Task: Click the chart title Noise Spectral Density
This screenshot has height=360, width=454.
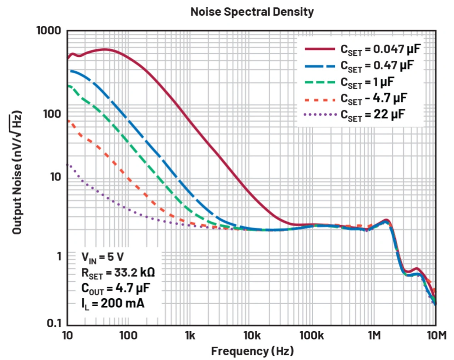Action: pos(252,12)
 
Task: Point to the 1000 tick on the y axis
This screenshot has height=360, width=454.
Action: pos(49,31)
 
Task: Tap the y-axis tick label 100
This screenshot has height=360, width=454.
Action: pos(52,114)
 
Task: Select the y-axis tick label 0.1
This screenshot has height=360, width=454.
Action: pos(54,323)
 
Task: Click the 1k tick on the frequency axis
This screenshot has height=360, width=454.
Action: pos(190,335)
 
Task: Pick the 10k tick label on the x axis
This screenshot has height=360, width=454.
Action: pos(251,335)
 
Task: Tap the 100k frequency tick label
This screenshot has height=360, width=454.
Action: pos(311,335)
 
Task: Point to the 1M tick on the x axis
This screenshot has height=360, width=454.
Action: pos(374,335)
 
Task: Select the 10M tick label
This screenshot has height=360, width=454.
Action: pos(436,335)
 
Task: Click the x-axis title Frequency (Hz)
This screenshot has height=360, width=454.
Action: pos(252,351)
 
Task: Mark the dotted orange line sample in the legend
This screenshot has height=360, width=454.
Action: pos(320,100)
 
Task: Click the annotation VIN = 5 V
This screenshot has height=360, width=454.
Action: pos(103,257)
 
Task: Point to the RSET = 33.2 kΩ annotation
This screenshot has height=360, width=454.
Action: pos(118,273)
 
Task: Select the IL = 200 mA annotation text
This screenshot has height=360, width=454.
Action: pos(113,304)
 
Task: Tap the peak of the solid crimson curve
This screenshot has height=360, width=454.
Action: pos(105,49)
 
